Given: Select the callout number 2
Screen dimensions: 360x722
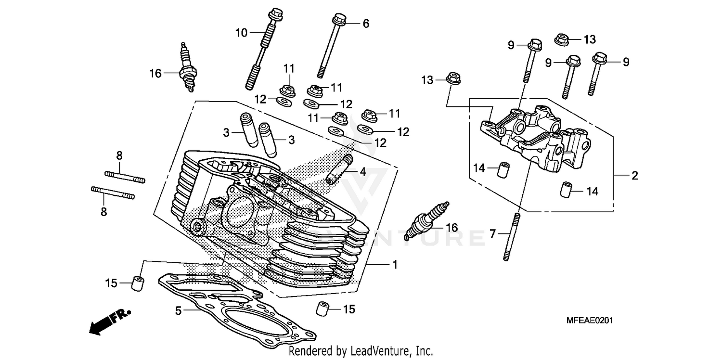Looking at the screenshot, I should click(x=634, y=176).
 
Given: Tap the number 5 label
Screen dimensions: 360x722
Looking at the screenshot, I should click(x=179, y=311).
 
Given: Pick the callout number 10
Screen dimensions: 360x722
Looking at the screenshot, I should click(x=241, y=33).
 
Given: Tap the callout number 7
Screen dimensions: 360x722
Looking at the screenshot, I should click(x=492, y=234).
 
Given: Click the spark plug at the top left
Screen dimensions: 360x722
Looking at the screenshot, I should click(x=187, y=67).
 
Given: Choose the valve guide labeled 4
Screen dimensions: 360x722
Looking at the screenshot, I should click(x=339, y=169).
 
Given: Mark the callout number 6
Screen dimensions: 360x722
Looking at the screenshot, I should click(x=366, y=23).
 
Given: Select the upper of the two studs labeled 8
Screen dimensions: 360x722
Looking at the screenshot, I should click(x=125, y=177).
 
